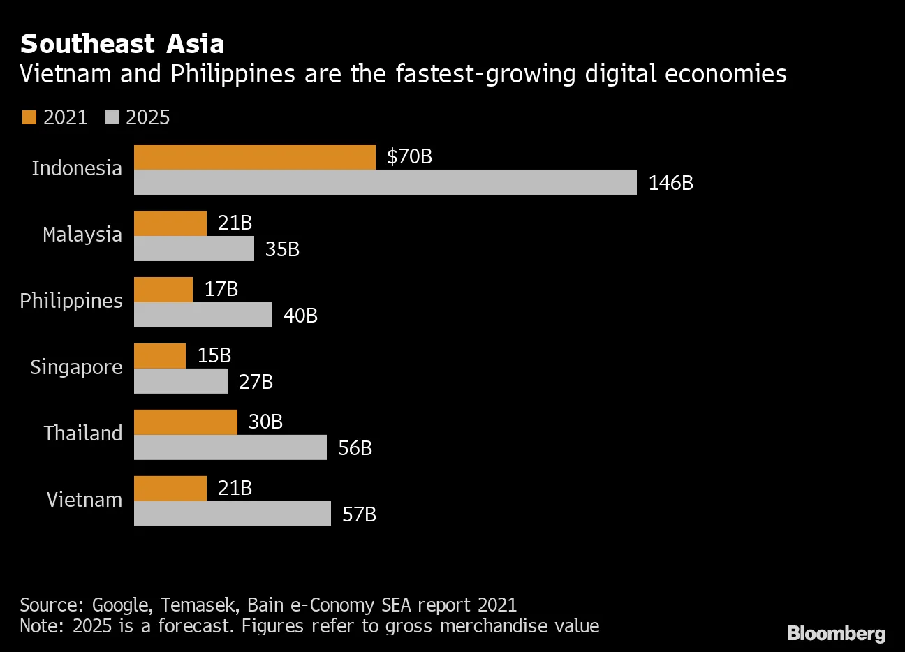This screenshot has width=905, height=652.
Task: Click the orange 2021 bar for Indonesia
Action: pyautogui.click(x=254, y=157)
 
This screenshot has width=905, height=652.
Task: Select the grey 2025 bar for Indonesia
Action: pyautogui.click(x=385, y=182)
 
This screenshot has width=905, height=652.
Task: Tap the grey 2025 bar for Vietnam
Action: pyautogui.click(x=232, y=514)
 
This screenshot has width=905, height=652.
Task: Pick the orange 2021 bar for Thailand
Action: pyautogui.click(x=185, y=422)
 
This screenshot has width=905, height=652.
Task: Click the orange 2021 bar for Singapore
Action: pyautogui.click(x=159, y=356)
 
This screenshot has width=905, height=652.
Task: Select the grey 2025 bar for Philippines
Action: pyautogui.click(x=203, y=315)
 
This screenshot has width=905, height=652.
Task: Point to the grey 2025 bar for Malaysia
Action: pyautogui.click(x=193, y=249)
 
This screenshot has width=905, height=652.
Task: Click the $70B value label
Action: pyautogui.click(x=409, y=156)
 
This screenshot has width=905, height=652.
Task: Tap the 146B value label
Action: pyautogui.click(x=670, y=183)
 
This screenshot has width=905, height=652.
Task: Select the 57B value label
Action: pyautogui.click(x=359, y=514)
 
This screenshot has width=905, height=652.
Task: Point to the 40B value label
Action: pyautogui.click(x=300, y=316)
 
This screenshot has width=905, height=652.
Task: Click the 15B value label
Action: pyautogui.click(x=214, y=355)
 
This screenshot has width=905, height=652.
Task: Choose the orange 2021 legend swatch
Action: pyautogui.click(x=29, y=117)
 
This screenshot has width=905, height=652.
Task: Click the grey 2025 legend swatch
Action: pyautogui.click(x=111, y=117)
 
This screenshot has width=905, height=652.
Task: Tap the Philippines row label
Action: pyautogui.click(x=71, y=301)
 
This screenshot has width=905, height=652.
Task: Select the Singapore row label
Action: pyautogui.click(x=76, y=367)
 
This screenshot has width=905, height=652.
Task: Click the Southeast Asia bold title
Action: pyautogui.click(x=122, y=44)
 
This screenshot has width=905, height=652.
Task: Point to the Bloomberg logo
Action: pyautogui.click(x=836, y=633)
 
